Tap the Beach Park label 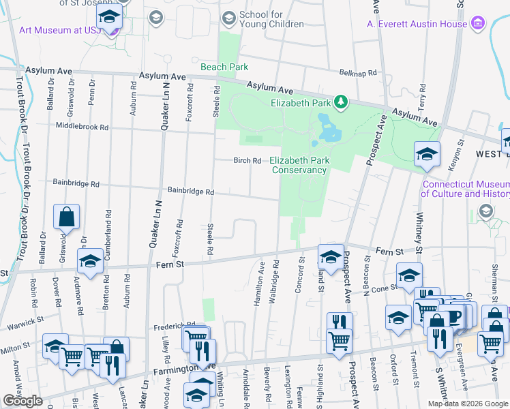tap(224, 67)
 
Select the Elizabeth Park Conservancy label tap(300, 165)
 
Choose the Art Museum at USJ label tap(60, 31)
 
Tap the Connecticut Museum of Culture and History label tap(465, 189)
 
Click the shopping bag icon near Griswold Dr tap(67, 217)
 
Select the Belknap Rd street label tap(357, 72)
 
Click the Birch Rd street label tap(247, 161)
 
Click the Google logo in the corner tap(22, 401)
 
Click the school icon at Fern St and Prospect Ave tap(331, 257)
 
